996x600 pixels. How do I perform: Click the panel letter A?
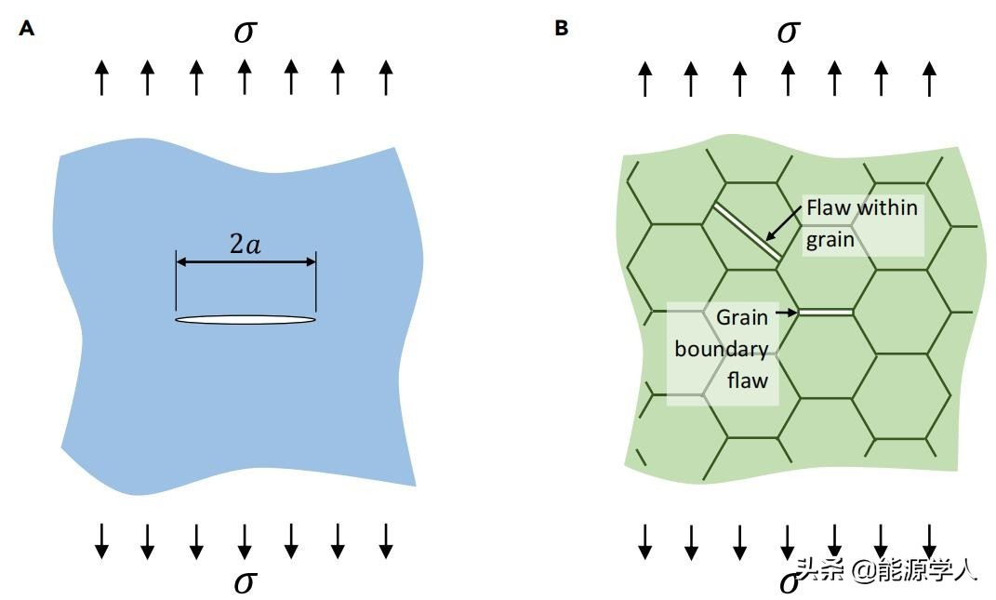(x=27, y=29)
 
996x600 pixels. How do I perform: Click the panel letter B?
(x=561, y=28)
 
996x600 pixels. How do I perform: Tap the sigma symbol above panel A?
(x=245, y=32)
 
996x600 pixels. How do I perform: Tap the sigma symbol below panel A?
(x=245, y=582)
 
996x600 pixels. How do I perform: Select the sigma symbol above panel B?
(x=788, y=32)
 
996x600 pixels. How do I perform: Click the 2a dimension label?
(x=246, y=244)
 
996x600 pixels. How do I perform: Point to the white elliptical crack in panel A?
(x=246, y=320)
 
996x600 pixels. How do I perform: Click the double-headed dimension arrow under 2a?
(x=246, y=262)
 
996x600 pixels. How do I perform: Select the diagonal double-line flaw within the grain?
(x=747, y=233)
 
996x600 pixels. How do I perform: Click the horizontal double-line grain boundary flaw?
(x=826, y=313)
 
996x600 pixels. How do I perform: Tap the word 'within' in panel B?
(x=886, y=207)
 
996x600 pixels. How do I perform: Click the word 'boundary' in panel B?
(x=722, y=349)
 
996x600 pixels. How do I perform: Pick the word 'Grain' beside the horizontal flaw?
(x=742, y=317)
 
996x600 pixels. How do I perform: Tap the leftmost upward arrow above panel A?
(x=102, y=78)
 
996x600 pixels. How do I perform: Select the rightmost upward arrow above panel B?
(x=929, y=78)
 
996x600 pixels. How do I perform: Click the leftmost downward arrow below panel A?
(x=102, y=540)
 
